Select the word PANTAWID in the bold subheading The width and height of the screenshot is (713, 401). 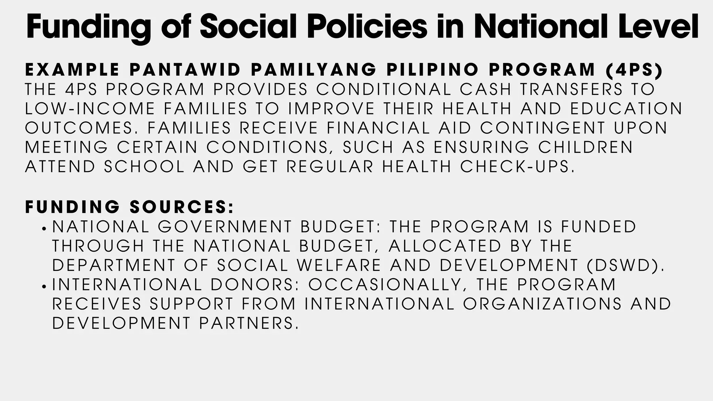tap(185, 70)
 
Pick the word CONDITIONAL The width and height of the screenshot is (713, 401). tap(384, 89)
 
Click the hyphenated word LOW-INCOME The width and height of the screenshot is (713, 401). tap(90, 109)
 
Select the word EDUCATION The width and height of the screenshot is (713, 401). tap(626, 109)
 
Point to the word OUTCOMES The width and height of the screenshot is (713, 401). tap(81, 128)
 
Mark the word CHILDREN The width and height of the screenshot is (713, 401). tap(586, 147)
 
